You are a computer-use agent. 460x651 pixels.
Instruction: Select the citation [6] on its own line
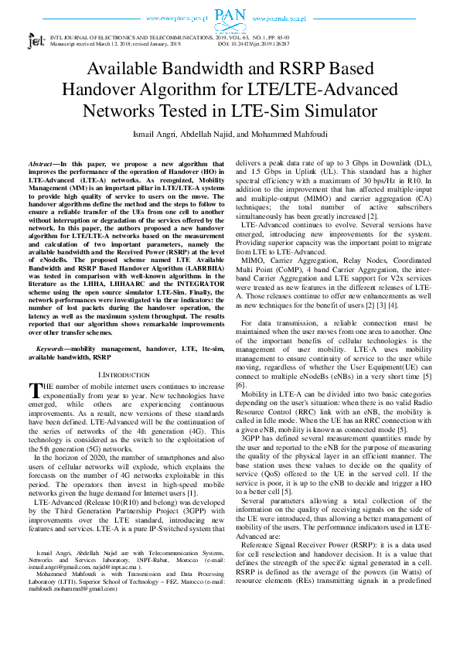(241, 384)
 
